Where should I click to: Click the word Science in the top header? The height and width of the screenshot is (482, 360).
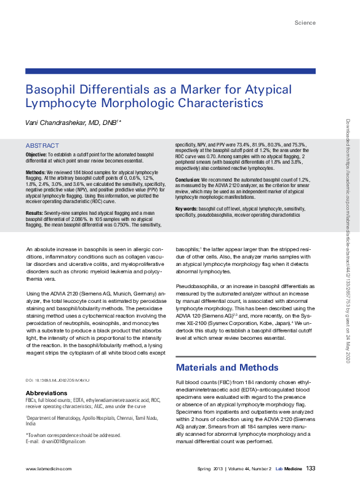(x=305, y=23)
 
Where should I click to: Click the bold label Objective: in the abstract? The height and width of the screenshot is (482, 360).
(x=39, y=154)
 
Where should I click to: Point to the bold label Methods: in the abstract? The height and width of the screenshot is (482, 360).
(x=38, y=172)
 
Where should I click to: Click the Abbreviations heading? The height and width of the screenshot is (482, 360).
(x=47, y=393)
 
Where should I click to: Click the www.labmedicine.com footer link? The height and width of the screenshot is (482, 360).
(x=46, y=469)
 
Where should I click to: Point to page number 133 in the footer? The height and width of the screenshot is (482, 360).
(x=311, y=468)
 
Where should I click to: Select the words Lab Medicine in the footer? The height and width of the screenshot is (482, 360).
(x=289, y=469)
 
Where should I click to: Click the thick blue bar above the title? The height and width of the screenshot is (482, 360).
(x=170, y=71)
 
